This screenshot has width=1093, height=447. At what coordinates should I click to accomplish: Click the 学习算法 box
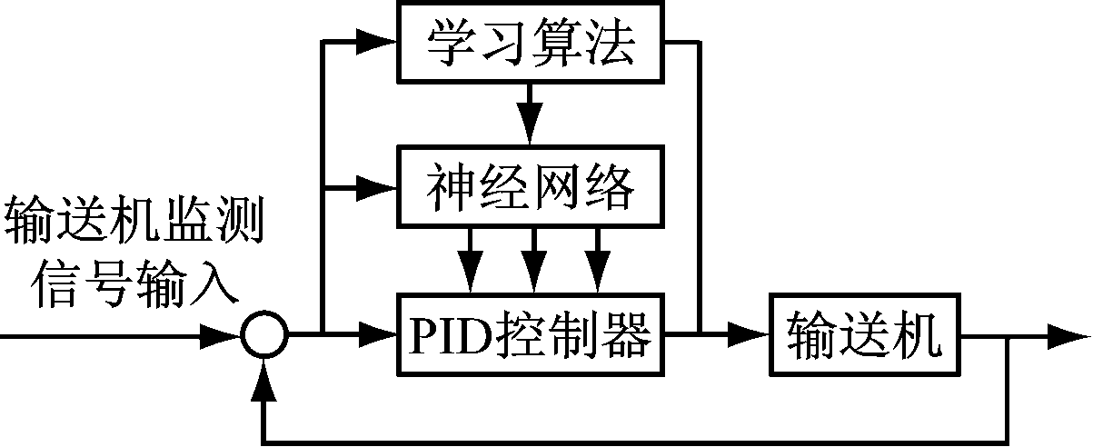click(530, 42)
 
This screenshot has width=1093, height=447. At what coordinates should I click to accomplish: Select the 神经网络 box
click(530, 187)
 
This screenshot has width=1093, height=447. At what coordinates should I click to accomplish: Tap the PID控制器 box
click(530, 337)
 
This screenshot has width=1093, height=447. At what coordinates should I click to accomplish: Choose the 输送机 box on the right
click(864, 337)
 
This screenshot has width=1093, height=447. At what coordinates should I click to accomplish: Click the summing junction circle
click(264, 337)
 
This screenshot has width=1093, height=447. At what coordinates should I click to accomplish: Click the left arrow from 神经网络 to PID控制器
click(470, 266)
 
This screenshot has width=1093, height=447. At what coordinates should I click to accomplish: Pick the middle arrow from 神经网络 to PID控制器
click(533, 266)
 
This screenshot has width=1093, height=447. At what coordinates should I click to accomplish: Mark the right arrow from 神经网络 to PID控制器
click(597, 266)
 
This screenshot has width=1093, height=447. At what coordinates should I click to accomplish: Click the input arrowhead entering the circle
click(224, 337)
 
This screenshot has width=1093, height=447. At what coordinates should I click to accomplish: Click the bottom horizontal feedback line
click(636, 440)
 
